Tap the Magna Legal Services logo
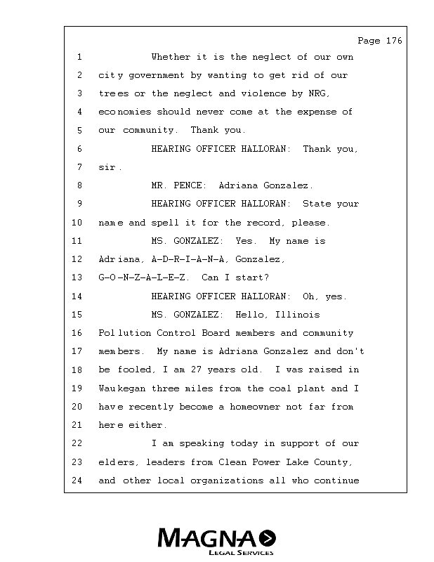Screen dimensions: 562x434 coord(216,541)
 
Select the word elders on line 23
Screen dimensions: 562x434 coord(115,462)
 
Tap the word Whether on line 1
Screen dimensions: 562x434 coord(171,57)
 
